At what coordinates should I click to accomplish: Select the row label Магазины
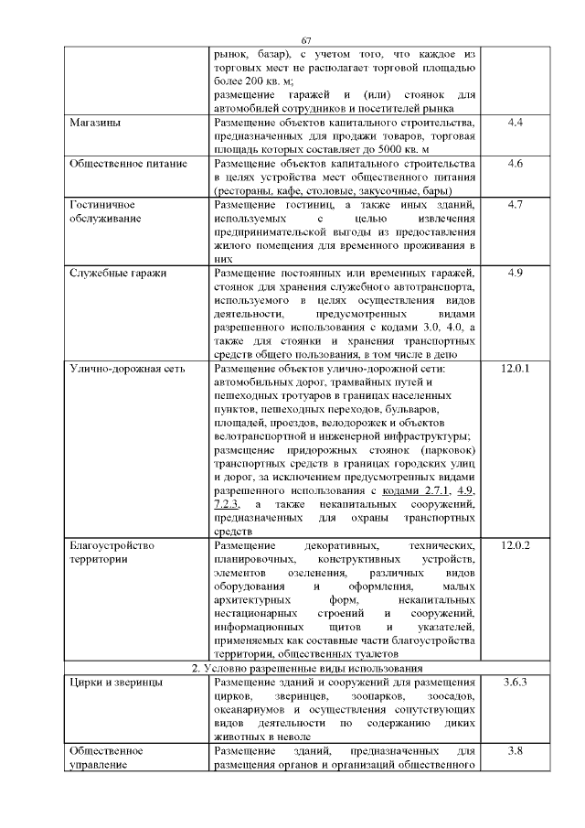[x=97, y=123]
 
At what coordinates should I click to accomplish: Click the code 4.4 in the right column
[x=514, y=123]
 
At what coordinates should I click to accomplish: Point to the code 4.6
[x=514, y=164]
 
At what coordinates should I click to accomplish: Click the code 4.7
[x=514, y=205]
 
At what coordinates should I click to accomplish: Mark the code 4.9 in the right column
[x=514, y=273]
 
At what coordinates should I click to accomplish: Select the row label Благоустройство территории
[x=110, y=553]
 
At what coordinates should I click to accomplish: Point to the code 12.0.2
[x=516, y=546]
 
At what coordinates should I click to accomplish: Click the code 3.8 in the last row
[x=514, y=751]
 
